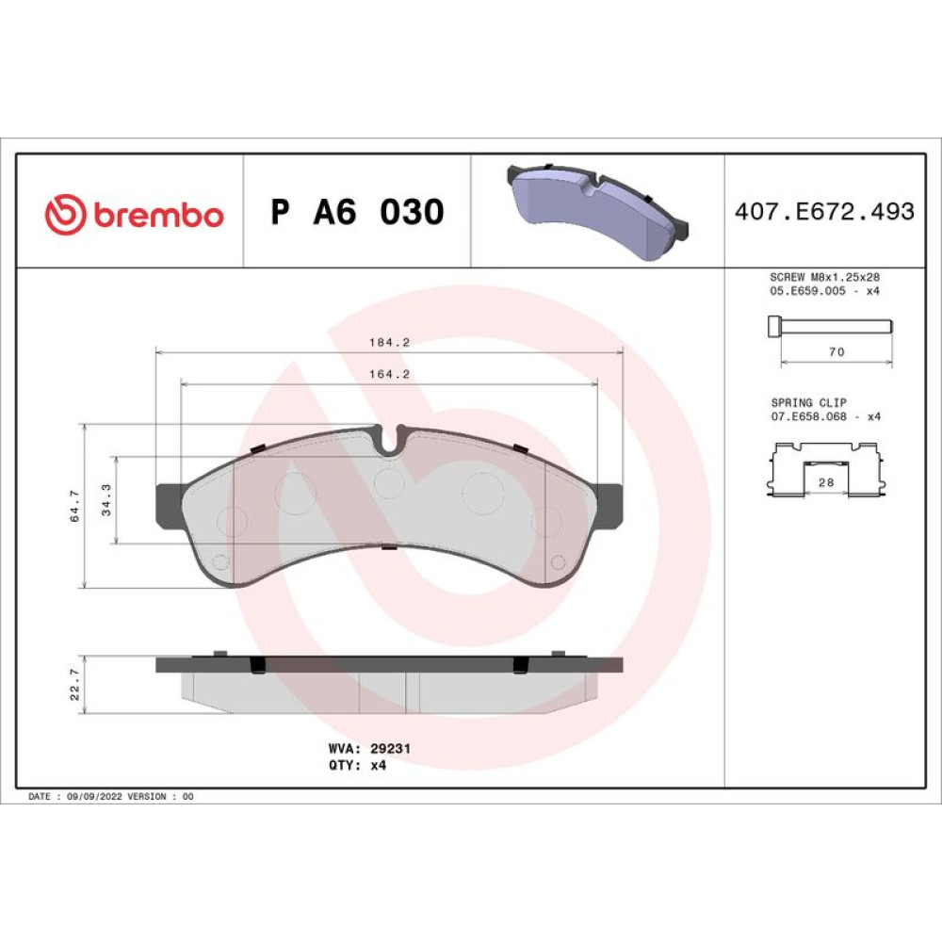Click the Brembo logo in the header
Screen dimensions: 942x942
coord(134,214)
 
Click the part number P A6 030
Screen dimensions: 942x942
coord(357,211)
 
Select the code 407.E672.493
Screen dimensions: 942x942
coord(824,211)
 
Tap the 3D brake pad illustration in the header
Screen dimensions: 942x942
coord(598,210)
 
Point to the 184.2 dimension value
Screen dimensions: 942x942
coord(389,343)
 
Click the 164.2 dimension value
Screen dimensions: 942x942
coord(389,374)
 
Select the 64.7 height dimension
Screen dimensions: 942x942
coord(74,506)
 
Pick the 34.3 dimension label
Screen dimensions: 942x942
coord(106,500)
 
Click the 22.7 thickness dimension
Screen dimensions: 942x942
coord(74,684)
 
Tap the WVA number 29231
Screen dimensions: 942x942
coord(391,749)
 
